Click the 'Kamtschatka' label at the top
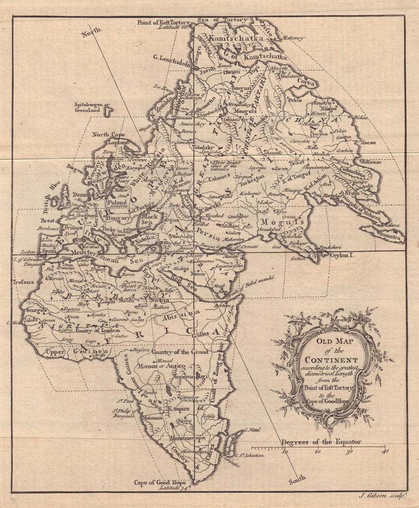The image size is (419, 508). click(x=236, y=38)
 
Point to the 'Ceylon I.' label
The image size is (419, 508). click(x=342, y=254)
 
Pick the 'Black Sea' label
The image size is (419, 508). click(x=149, y=219)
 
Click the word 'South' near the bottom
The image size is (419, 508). click(x=297, y=481)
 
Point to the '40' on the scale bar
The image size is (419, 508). click(x=385, y=451)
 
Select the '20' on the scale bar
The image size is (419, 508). click(x=317, y=451)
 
